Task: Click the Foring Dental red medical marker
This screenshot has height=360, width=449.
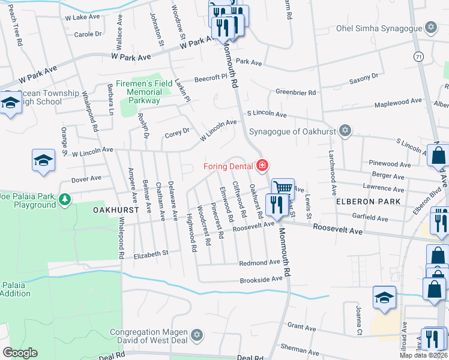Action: (x=262, y=165)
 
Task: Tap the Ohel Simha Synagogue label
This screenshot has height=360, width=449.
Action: (x=386, y=28)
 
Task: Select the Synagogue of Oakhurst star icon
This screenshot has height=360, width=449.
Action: (x=345, y=131)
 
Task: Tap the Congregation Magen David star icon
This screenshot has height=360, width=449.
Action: (x=196, y=334)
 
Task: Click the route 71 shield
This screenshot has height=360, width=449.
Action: (x=417, y=55)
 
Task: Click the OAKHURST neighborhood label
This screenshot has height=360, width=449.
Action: (x=116, y=211)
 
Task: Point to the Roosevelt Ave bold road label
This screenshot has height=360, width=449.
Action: (x=337, y=230)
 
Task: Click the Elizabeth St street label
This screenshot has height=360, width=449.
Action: (x=151, y=254)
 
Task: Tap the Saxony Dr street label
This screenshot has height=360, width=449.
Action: (x=364, y=76)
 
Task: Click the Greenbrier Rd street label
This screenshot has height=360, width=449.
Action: (x=295, y=92)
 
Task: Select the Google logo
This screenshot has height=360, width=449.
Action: (x=20, y=353)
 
